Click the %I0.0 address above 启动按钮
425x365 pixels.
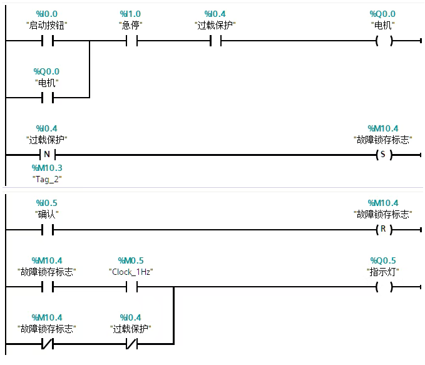[x=47, y=14]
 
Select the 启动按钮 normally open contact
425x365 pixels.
[x=47, y=41]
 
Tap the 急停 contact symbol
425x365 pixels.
[x=131, y=41]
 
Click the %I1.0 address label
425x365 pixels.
[x=130, y=14]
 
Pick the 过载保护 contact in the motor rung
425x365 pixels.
[x=215, y=41]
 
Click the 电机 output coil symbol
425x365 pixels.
[x=384, y=41]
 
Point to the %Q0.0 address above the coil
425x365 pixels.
[x=383, y=14]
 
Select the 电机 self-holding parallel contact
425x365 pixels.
[x=47, y=98]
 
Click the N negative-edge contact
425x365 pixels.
[x=47, y=154]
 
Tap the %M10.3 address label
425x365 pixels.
[x=47, y=168]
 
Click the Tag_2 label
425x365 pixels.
[x=47, y=179]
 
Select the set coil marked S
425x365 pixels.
[x=384, y=154]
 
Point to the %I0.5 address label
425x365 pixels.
[x=47, y=203]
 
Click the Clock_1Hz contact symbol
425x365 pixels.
[x=131, y=287]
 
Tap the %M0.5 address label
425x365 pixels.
[x=130, y=260]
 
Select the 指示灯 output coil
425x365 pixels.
[x=384, y=287]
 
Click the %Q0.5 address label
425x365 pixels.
[x=383, y=260]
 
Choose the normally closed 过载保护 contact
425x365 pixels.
[x=131, y=343]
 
